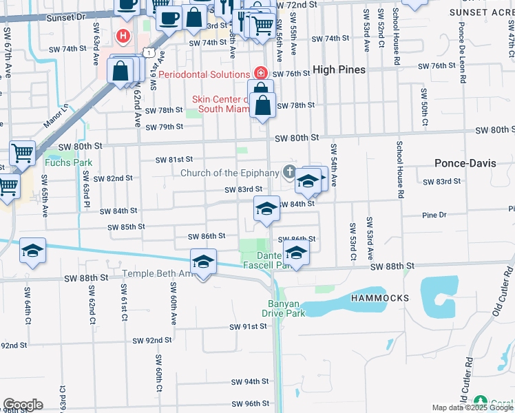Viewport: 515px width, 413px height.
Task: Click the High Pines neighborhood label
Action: pyautogui.click(x=339, y=70)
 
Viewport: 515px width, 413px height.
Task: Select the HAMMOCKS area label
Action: pyautogui.click(x=379, y=298)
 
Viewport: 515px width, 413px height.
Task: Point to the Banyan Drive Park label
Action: pyautogui.click(x=286, y=308)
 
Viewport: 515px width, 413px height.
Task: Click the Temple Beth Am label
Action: pyautogui.click(x=156, y=274)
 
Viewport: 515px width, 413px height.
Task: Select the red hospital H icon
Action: pyautogui.click(x=123, y=35)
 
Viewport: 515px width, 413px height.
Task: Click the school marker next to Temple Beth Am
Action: pyautogui.click(x=203, y=262)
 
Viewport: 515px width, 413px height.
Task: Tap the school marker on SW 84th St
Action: pyautogui.click(x=266, y=209)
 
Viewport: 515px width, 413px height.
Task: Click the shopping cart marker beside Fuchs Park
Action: pyautogui.click(x=23, y=153)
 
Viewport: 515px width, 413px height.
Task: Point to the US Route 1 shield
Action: pyautogui.click(x=148, y=52)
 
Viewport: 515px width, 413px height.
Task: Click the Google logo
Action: pyautogui.click(x=23, y=404)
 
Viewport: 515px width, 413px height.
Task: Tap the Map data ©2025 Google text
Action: pyautogui.click(x=471, y=407)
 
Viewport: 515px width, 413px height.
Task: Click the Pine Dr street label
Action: pyautogui.click(x=434, y=215)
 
